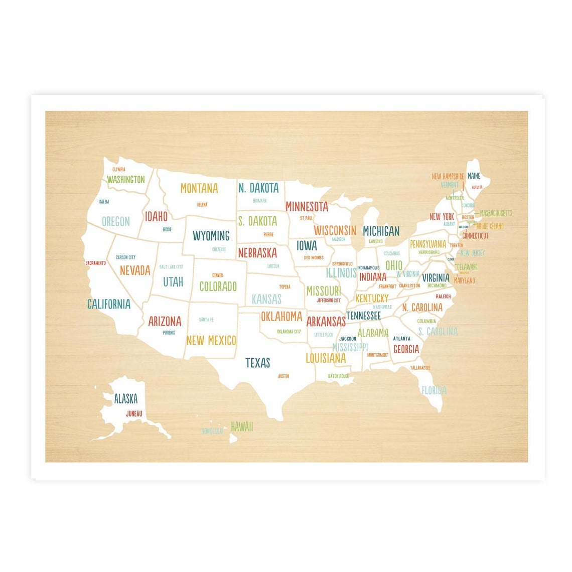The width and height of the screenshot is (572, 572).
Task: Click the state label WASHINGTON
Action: coord(125,179)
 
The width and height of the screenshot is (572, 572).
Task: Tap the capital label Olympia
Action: coord(119,170)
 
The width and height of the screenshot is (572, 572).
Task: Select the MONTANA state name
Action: coord(199,188)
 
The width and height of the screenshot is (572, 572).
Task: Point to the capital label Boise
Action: coord(167,229)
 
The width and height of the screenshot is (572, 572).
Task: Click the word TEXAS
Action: coord(257,362)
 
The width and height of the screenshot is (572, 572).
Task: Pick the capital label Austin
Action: coord(283,376)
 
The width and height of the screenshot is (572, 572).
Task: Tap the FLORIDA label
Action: coord(434,390)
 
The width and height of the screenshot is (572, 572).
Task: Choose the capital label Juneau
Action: coord(134,413)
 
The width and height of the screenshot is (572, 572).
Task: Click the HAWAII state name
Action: coord(242,426)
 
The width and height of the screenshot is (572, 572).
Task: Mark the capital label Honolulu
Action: coord(212,431)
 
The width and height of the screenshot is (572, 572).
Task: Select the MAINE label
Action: coord(474,176)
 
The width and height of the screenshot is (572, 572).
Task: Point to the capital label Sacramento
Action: coord(95,263)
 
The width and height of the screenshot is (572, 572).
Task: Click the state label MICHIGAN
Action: coord(381,231)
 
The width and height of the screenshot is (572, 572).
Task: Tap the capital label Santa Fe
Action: coord(206,320)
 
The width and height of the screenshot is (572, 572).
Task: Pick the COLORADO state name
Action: coord(218,287)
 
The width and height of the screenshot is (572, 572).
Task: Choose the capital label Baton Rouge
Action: coord(338,376)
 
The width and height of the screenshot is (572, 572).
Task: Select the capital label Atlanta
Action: coord(401,339)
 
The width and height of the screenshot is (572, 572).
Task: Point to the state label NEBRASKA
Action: coord(257,252)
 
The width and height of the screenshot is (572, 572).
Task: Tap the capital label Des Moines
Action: coord(314,258)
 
